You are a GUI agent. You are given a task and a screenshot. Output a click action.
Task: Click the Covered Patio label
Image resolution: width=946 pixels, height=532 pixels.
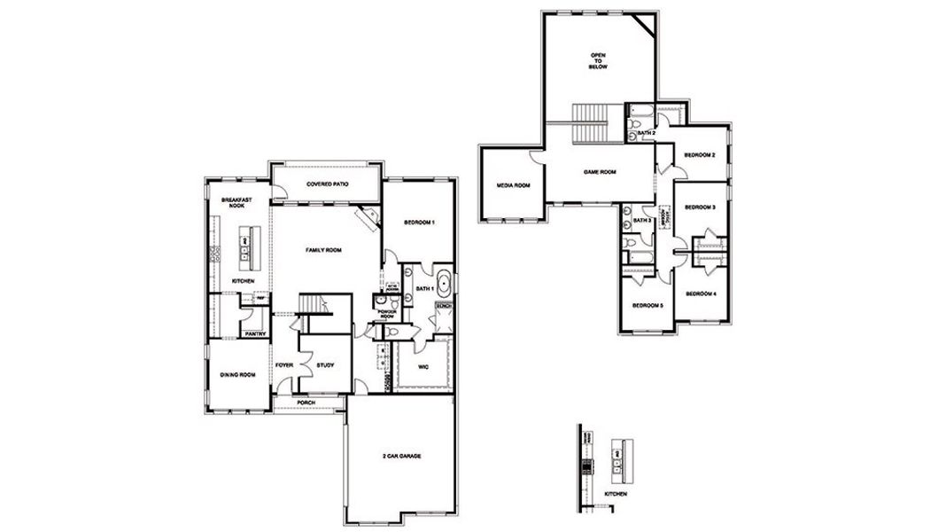coord(327,184)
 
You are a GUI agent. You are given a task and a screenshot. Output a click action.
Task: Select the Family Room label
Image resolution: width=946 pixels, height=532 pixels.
coord(323,251)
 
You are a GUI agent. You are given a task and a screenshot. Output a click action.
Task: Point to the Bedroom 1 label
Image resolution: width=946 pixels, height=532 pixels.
coord(419,223)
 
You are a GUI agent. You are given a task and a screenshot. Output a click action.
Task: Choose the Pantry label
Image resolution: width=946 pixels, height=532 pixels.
coord(256,333)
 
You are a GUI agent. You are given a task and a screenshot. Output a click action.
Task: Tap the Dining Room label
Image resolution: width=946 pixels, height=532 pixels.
coord(237,375)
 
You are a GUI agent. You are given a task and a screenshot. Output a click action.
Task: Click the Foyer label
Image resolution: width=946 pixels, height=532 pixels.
coord(283,364)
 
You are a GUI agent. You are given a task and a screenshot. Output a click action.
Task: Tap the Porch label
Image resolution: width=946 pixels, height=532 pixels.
coord(306,403)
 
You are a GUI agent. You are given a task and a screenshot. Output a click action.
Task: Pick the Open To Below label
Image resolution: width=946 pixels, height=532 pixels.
coord(599,61)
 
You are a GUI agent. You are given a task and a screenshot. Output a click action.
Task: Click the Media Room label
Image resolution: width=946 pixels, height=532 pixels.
coord(512,185)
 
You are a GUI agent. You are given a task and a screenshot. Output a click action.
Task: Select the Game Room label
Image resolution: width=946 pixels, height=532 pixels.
coord(599,172)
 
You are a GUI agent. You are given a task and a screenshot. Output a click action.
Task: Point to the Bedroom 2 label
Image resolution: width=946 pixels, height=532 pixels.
coord(700,155)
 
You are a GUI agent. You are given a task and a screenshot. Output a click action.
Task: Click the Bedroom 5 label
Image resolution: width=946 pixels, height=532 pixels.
coord(647,306)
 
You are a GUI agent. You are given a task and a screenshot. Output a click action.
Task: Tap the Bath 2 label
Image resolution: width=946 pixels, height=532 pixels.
coord(646,133)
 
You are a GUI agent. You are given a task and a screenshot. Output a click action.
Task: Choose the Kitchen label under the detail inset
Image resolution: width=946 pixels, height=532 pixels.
coord(616,492)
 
